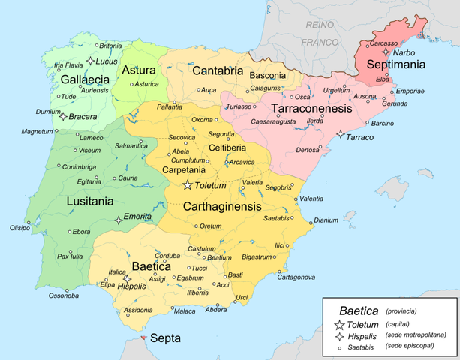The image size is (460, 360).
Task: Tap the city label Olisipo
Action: [20, 227]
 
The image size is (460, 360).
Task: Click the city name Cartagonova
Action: [296, 277]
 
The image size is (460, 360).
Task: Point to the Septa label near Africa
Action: [165, 338]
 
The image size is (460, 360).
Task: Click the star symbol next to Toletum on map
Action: [188, 185]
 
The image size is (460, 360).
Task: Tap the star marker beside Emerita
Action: [118, 220]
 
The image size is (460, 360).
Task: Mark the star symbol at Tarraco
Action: [341, 134]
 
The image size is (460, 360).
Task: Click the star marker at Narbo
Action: [386, 52]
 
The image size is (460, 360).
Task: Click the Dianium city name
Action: [326, 220]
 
